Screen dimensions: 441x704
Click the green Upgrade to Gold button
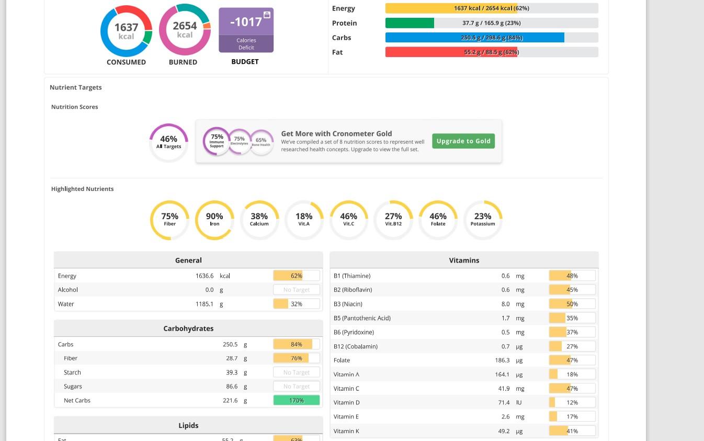pyautogui.click(x=463, y=141)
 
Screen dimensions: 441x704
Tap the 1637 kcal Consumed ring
pyautogui.click(x=126, y=31)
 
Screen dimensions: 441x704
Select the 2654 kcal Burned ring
pyautogui.click(x=184, y=30)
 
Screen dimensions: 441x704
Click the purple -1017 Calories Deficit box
pyautogui.click(x=246, y=30)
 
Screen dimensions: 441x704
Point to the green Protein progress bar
pyautogui.click(x=410, y=23)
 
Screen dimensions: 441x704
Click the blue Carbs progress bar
pyautogui.click(x=474, y=38)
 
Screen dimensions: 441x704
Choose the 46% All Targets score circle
pyautogui.click(x=168, y=142)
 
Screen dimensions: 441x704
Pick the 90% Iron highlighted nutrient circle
pyautogui.click(x=214, y=220)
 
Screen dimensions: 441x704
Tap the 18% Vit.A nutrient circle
pyautogui.click(x=304, y=220)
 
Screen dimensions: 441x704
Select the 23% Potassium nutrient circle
pyautogui.click(x=483, y=220)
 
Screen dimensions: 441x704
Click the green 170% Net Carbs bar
pyautogui.click(x=297, y=401)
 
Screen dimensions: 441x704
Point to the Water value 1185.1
pyautogui.click(x=205, y=304)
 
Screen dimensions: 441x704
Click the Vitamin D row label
pyautogui.click(x=347, y=403)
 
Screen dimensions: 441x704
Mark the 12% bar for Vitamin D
pyautogui.click(x=572, y=403)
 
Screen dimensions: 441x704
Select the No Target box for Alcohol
pyautogui.click(x=297, y=290)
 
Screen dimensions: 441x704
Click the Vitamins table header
pyautogui.click(x=464, y=260)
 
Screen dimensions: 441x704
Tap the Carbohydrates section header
pyautogui.click(x=188, y=329)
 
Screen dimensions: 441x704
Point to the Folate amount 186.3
pyautogui.click(x=502, y=360)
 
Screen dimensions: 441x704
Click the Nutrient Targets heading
pyautogui.click(x=76, y=87)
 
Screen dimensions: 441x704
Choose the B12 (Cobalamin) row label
pyautogui.click(x=356, y=346)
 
